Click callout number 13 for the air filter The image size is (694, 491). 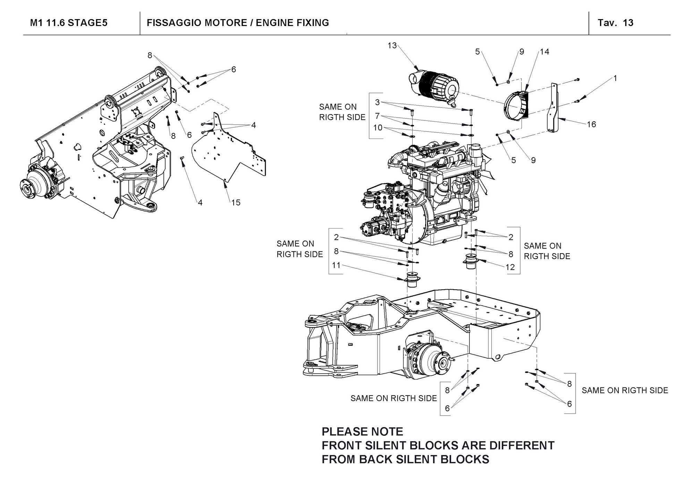pos(392,45)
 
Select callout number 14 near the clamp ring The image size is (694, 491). pos(544,52)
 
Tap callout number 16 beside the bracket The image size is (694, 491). pos(591,124)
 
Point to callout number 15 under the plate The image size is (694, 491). pos(236,202)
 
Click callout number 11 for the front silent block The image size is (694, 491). pos(336,265)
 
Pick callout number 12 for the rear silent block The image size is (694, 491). pos(510,267)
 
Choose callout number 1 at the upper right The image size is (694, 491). pos(615,78)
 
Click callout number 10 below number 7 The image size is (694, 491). pos(378,128)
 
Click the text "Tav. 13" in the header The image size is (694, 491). pos(615,23)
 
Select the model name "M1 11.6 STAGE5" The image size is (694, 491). pos(69,23)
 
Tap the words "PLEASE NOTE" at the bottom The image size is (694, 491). pos(362,432)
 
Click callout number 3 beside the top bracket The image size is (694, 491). pos(377,102)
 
